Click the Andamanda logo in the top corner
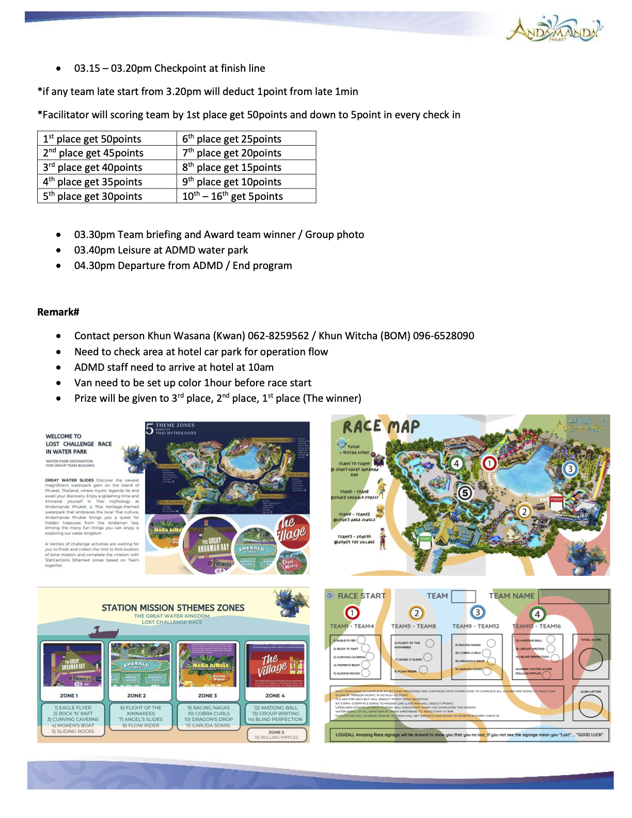point(554,29)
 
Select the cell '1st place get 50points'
point(92,139)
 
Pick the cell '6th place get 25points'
point(232,139)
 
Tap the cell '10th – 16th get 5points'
point(232,196)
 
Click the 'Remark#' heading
point(58,312)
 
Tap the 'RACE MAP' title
point(381,427)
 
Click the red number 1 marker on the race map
point(489,463)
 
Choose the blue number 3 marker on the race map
point(570,469)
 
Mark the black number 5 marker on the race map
point(465,493)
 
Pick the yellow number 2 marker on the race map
point(524,511)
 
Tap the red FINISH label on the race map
point(556,499)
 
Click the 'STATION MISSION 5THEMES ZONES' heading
point(173,608)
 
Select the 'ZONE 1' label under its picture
point(69,696)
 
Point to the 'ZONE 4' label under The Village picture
point(275,696)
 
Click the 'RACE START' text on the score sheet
point(361,596)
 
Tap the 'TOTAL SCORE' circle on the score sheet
point(591,659)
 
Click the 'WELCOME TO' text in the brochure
point(64,436)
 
